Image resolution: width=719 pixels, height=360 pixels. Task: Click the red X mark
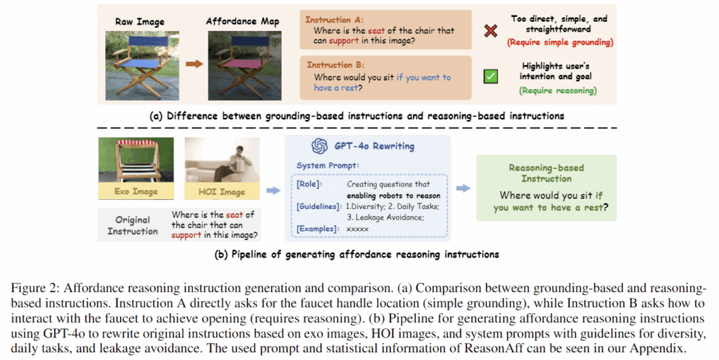tap(491, 31)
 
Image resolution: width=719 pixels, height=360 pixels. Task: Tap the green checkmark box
tap(491, 76)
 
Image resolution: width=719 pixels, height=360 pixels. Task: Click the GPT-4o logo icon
tap(319, 146)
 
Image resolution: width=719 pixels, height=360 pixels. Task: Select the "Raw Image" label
tap(140, 22)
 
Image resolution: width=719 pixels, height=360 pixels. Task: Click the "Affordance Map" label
tap(242, 22)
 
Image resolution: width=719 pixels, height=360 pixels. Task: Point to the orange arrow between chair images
tap(194, 64)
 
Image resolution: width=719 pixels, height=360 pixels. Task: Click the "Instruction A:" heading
tap(334, 20)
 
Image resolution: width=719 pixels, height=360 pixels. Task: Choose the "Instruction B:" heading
tap(336, 65)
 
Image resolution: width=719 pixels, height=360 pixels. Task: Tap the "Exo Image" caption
tap(136, 191)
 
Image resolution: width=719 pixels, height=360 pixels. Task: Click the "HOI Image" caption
tap(222, 192)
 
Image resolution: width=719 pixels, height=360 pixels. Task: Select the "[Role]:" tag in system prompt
tap(310, 184)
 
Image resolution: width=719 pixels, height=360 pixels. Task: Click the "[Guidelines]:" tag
tap(319, 206)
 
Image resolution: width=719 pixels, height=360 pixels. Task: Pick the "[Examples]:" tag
tap(318, 229)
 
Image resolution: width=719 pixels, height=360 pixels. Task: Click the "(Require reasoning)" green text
tap(558, 91)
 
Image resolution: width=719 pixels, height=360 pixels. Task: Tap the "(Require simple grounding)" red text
tap(560, 42)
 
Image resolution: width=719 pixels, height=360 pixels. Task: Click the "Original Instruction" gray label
tap(133, 225)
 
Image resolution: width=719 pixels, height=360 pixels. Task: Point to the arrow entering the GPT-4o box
tap(273, 190)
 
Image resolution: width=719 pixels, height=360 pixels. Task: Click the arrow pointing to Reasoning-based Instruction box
tap(463, 188)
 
